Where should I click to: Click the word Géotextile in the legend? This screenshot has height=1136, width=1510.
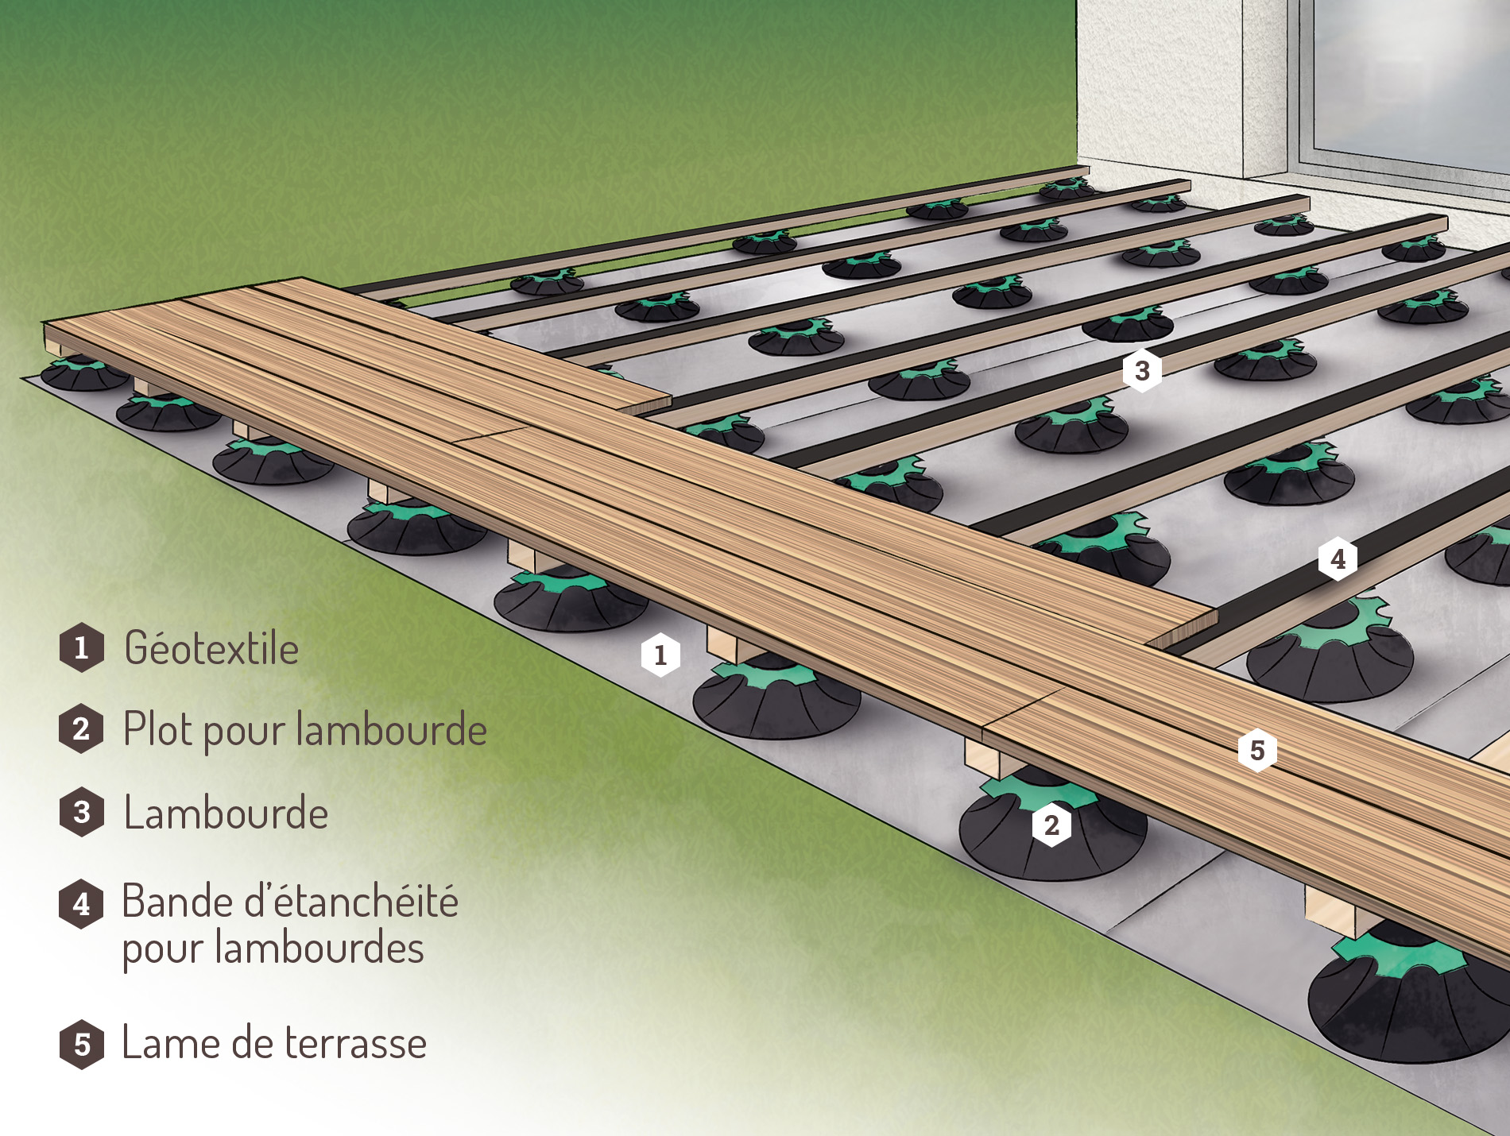pyautogui.click(x=211, y=647)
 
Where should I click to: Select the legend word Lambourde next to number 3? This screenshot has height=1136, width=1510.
pyautogui.click(x=226, y=813)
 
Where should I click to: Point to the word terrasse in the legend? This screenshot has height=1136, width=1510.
pyautogui.click(x=355, y=1043)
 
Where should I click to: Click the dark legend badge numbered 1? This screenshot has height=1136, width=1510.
pyautogui.click(x=81, y=648)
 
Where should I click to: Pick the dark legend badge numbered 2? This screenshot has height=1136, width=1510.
pyautogui.click(x=81, y=728)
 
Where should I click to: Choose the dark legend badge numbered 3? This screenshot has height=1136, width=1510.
pyautogui.click(x=81, y=812)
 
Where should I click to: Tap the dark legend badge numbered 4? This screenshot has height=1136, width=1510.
pyautogui.click(x=81, y=904)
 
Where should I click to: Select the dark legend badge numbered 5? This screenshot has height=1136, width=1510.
pyautogui.click(x=81, y=1045)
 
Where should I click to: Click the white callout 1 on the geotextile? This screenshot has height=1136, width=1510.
pyautogui.click(x=660, y=655)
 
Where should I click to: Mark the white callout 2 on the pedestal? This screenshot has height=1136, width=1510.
pyautogui.click(x=1051, y=825)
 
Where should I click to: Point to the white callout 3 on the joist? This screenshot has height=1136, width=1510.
pyautogui.click(x=1142, y=370)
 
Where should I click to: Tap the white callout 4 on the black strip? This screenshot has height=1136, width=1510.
pyautogui.click(x=1338, y=558)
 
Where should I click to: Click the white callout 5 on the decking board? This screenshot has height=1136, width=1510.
pyautogui.click(x=1257, y=750)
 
